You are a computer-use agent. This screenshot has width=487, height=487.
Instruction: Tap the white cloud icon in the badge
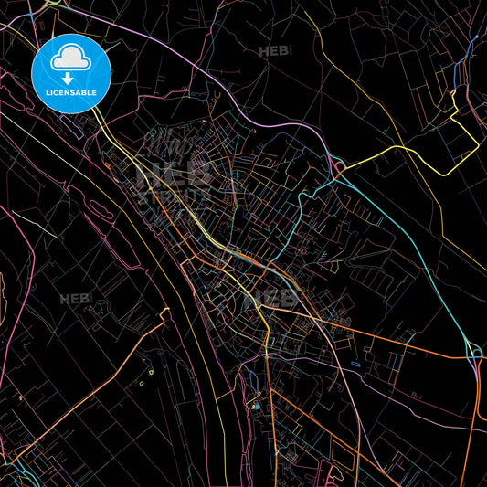click(70, 59)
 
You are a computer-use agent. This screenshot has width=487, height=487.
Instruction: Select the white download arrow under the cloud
click(69, 78)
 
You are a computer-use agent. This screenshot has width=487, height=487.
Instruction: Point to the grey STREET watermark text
click(174, 195)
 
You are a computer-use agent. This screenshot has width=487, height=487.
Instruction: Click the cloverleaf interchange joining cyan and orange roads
click(473, 349)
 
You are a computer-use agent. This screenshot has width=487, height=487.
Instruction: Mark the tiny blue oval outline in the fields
click(355, 365)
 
